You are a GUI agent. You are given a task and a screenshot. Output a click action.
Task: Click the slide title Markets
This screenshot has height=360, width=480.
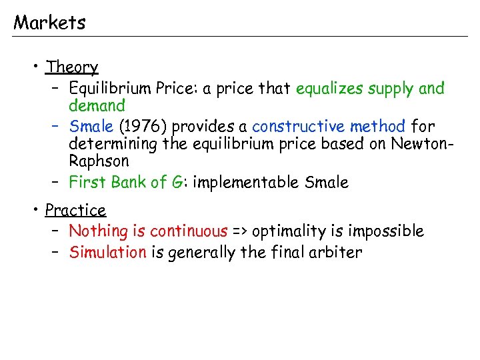point(49,23)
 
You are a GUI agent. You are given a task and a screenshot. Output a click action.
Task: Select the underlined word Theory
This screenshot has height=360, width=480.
point(72,67)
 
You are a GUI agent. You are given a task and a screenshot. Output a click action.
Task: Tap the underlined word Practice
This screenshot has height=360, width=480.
point(75,211)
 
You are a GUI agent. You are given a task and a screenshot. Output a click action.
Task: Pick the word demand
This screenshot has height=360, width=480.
point(97,106)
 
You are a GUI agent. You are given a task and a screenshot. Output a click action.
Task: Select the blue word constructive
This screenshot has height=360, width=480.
point(299,126)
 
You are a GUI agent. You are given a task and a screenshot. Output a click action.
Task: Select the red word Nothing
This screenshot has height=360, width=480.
point(99,232)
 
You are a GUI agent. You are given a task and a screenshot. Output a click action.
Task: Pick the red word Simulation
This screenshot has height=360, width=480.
point(108,253)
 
